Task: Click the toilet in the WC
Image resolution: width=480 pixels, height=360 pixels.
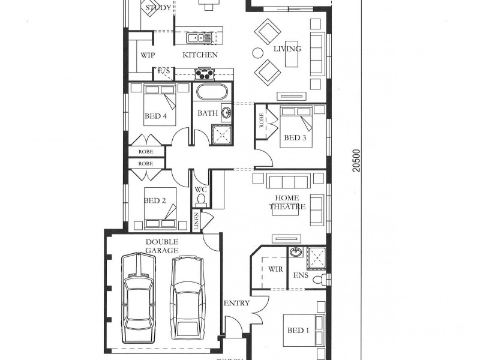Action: pyautogui.click(x=201, y=200)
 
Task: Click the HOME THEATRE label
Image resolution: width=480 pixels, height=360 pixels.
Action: pyautogui.click(x=290, y=202)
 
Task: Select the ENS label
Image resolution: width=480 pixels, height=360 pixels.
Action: pyautogui.click(x=300, y=276)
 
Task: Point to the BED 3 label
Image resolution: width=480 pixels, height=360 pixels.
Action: pyautogui.click(x=295, y=138)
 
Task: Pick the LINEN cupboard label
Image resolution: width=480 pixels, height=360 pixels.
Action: pyautogui.click(x=196, y=221)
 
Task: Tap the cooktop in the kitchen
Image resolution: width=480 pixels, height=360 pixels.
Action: pyautogui.click(x=203, y=74)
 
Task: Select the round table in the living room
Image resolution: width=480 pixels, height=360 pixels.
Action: pyautogui.click(x=257, y=52)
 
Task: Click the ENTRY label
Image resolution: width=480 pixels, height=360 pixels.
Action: pyautogui.click(x=236, y=304)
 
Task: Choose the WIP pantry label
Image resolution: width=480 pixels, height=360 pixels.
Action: pyautogui.click(x=148, y=55)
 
